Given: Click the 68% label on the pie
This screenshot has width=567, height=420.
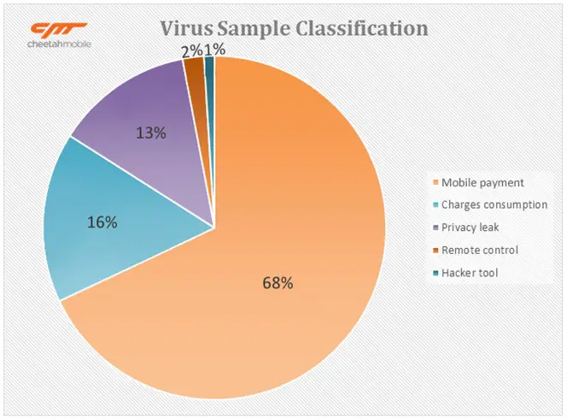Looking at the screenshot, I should (x=278, y=283).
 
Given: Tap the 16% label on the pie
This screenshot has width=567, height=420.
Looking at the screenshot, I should (x=102, y=222).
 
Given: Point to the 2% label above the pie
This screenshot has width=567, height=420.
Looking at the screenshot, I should (x=191, y=50).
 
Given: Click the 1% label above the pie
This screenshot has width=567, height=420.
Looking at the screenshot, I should (x=215, y=50).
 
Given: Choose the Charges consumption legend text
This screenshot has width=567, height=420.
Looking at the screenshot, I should (x=493, y=205).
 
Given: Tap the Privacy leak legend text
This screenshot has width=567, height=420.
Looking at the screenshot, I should (x=471, y=228).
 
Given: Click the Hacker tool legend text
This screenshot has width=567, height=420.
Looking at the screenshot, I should (x=468, y=273).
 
